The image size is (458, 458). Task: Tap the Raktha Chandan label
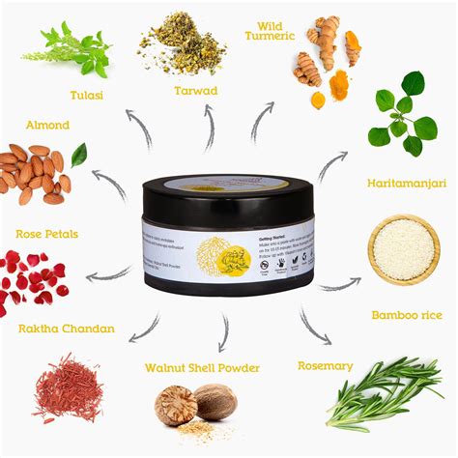(66, 329)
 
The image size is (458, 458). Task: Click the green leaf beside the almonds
(78, 154)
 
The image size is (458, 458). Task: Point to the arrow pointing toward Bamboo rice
(337, 285)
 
